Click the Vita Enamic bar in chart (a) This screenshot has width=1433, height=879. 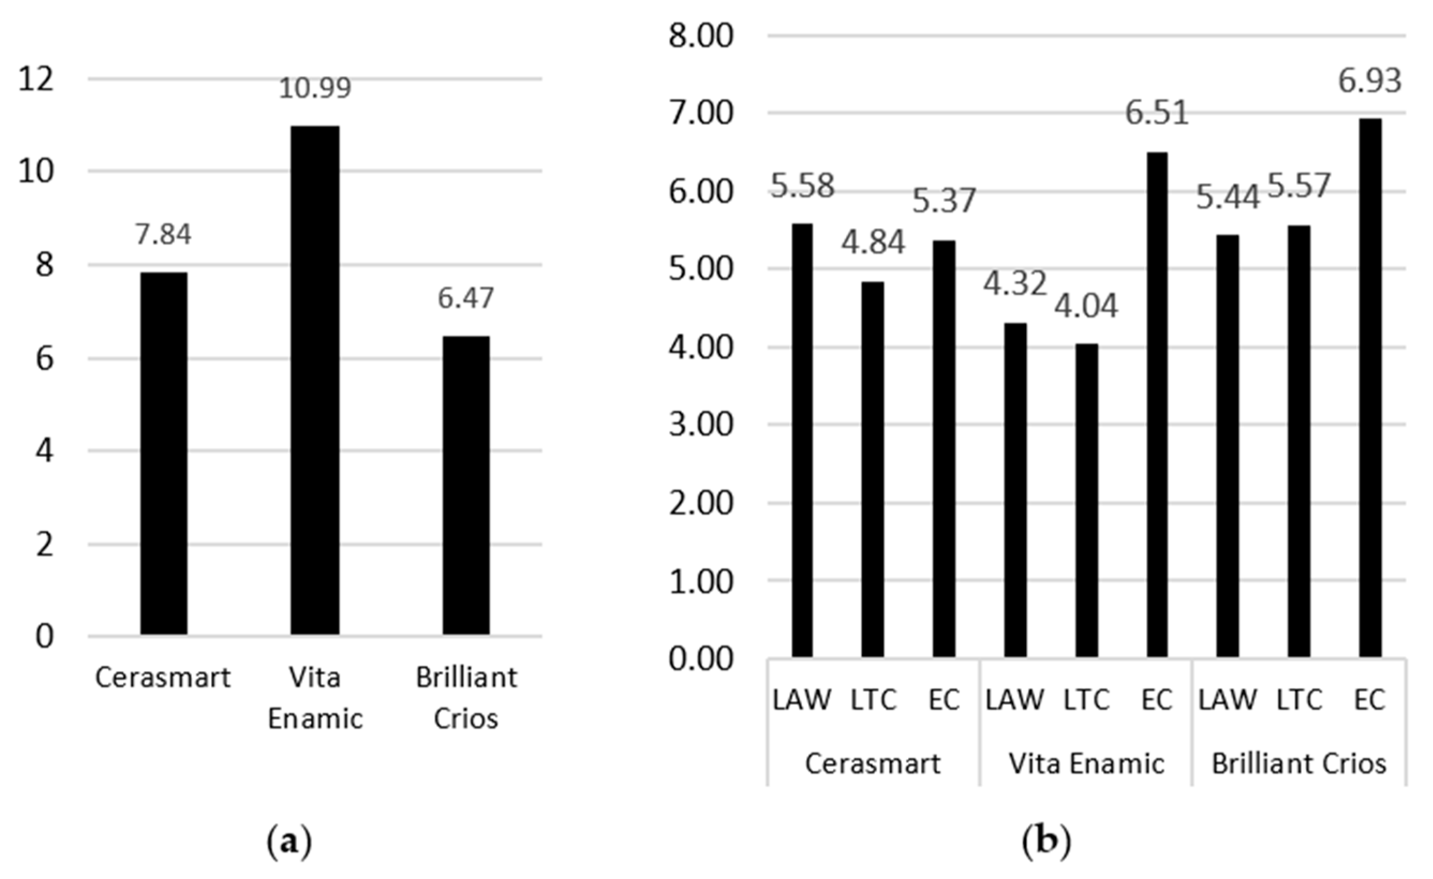(x=315, y=380)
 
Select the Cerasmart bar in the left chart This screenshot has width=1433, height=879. (x=164, y=453)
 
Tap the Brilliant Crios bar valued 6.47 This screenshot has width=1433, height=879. (x=466, y=486)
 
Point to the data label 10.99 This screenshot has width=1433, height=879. (x=315, y=88)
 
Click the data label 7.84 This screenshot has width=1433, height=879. (x=164, y=234)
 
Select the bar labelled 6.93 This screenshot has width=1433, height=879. (x=1370, y=388)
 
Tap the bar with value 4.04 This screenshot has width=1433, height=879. (x=1086, y=501)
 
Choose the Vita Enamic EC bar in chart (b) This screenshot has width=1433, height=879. (x=1157, y=405)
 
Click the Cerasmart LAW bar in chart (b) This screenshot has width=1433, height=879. (x=803, y=441)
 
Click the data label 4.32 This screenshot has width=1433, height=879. (x=1015, y=284)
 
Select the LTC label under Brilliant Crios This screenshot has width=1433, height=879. (x=1299, y=700)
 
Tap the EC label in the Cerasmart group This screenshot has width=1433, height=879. (x=944, y=700)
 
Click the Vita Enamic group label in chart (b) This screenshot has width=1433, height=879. (x=1086, y=764)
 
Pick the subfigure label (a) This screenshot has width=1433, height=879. (x=289, y=840)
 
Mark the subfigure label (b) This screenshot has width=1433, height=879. (x=1047, y=840)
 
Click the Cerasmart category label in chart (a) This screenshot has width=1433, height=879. (x=164, y=678)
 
